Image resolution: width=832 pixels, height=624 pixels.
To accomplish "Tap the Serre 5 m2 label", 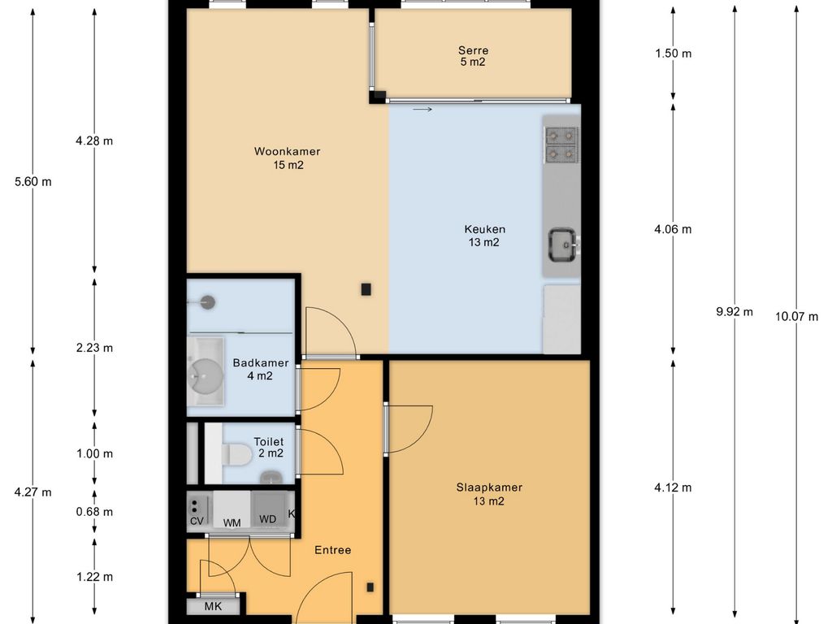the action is tap(473, 56).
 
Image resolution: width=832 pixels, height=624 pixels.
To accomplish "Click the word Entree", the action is tap(332, 550).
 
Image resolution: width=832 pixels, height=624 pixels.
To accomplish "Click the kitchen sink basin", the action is tap(563, 245).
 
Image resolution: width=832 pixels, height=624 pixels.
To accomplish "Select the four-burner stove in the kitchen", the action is tap(561, 145).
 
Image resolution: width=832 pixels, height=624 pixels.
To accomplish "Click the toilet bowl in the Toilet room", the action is tap(236, 455).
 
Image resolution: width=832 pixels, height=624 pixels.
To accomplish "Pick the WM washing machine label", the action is tap(232, 523).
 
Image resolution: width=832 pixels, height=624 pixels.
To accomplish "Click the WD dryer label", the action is tap(267, 519).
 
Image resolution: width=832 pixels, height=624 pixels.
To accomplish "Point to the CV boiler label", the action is tap(197, 521).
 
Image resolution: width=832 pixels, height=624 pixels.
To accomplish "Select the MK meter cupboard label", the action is tap(214, 606).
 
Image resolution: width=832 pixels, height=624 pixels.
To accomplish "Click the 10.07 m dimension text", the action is tap(796, 317).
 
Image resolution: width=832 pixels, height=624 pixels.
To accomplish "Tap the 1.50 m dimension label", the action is tap(674, 54).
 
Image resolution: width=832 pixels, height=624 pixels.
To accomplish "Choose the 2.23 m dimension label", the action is tap(94, 348).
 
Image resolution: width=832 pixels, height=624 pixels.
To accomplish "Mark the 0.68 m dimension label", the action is tap(94, 512).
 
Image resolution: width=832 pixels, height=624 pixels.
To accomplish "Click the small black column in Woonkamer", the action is tap(366, 290).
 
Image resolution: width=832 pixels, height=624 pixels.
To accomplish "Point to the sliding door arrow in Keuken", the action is tap(422, 110).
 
